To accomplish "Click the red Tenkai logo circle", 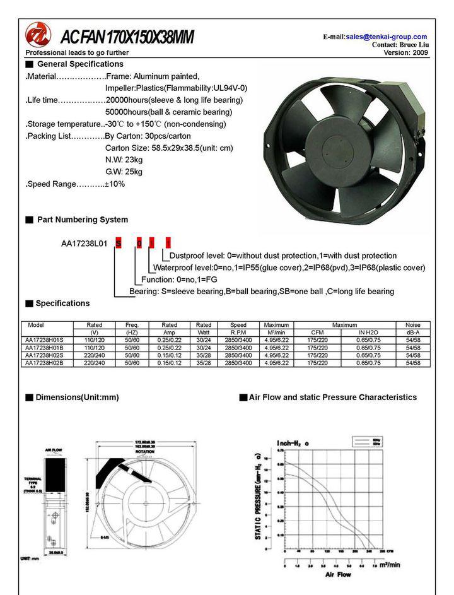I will click(x=38, y=35).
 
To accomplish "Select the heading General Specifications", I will click(x=80, y=64).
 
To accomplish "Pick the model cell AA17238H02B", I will click(x=45, y=363).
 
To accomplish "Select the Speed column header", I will click(x=238, y=325).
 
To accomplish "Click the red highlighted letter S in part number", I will click(x=118, y=243).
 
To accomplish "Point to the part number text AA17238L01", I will click(x=84, y=243).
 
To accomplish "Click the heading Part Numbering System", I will click(x=82, y=220).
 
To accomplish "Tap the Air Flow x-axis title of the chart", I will click(x=338, y=575).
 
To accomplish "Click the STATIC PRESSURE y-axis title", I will click(x=259, y=494).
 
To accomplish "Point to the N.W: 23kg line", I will click(x=124, y=160).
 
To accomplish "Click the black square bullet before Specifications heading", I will click(x=29, y=303).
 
